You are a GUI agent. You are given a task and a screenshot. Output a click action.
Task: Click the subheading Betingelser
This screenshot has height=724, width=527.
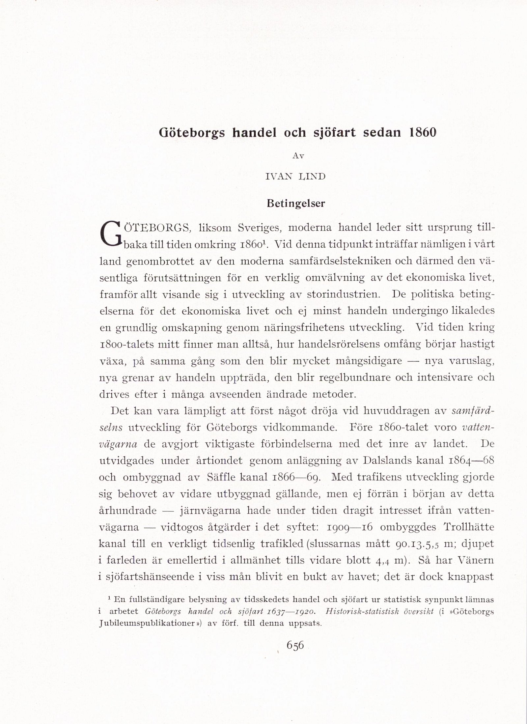click(x=295, y=204)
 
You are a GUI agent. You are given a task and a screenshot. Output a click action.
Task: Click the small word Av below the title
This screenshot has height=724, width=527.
click(x=298, y=156)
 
